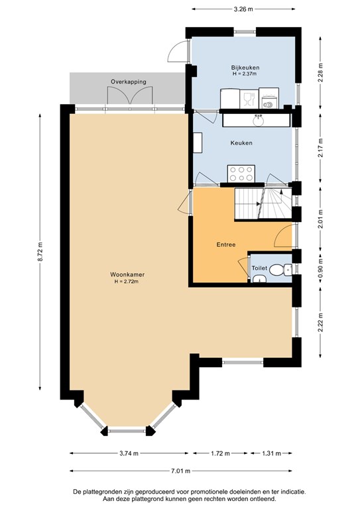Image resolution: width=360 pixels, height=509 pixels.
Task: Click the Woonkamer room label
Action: pos(127,274)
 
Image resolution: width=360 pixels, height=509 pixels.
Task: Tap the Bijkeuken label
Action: pos(245,68)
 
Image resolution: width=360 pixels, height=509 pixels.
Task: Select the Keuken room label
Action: pos(241,143)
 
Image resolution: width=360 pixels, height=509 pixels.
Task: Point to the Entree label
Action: pos(226,245)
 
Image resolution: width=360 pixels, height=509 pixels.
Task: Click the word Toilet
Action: pos(259,268)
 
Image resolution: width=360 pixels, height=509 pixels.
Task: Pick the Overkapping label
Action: pos(129,82)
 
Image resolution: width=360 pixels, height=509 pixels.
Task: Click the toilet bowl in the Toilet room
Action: pos(280,270)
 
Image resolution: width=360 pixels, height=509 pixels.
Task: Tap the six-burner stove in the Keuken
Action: pos(241,174)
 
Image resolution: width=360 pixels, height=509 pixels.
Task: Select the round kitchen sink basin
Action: pos(259,121)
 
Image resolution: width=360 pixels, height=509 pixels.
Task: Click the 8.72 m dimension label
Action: pos(40,252)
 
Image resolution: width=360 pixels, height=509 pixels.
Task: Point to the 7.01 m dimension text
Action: pos(181,471)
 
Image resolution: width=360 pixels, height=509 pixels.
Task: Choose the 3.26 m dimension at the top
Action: pos(243,9)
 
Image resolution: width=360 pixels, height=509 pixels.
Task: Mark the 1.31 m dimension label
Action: pos(271,453)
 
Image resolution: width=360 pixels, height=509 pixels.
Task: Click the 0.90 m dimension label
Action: pos(321,269)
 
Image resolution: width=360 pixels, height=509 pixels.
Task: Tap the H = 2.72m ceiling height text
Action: pos(126,282)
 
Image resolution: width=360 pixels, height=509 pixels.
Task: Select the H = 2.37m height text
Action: pos(245,74)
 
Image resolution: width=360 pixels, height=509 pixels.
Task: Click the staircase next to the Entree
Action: pos(263,203)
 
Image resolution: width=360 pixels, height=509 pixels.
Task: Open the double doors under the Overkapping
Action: pos(130,95)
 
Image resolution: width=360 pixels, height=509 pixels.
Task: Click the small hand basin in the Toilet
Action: pos(259,279)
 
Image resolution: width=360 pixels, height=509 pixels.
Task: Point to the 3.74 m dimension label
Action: pos(129,453)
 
